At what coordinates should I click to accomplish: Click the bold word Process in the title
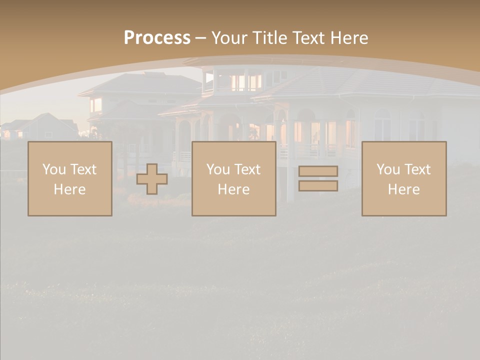coord(157,38)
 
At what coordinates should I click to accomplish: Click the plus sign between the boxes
coord(152,179)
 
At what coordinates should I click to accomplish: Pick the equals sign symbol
coord(318,178)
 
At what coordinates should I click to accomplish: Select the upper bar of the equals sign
coord(318,171)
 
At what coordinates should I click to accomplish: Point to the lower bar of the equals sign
coord(318,185)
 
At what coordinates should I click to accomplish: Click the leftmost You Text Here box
coord(70,179)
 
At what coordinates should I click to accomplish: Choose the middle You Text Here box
coord(233,179)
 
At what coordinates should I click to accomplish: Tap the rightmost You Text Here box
coord(404,179)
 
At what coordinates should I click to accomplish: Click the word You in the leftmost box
coord(54,169)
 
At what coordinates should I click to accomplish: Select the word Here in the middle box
coord(233,189)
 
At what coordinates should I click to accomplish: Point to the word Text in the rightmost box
coord(417,169)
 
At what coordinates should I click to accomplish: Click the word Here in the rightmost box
coord(404,189)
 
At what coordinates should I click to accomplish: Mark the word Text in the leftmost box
coord(83,169)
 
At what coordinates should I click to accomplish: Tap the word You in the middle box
coord(218,169)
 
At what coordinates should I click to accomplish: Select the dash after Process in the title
coord(200,38)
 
